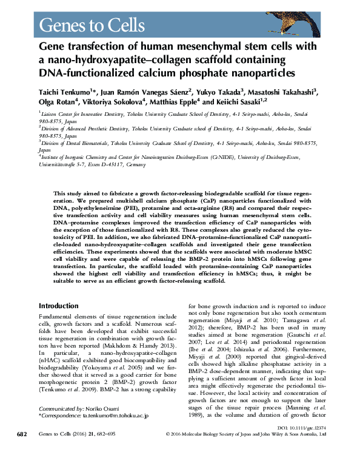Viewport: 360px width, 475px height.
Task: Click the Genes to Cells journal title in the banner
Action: (91, 25)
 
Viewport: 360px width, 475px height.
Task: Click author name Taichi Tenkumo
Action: (67, 91)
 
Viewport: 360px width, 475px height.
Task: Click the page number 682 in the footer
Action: (22, 452)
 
